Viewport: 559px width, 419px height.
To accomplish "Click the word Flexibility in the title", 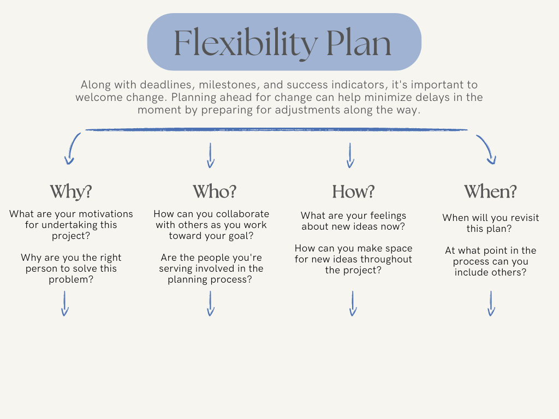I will [x=243, y=43].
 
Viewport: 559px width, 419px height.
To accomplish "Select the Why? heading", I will [x=71, y=191].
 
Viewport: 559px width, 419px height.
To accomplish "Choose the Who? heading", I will [x=215, y=191].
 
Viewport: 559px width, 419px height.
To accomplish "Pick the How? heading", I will [x=353, y=191].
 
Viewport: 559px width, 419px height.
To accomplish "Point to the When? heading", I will [x=490, y=191].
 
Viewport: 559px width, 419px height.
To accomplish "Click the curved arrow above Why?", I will [x=72, y=148].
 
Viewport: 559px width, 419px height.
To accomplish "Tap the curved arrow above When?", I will [x=486, y=149].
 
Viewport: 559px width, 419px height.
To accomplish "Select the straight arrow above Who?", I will [x=211, y=155].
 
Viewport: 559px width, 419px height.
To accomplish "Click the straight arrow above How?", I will [x=350, y=155].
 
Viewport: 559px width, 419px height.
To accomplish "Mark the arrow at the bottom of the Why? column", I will [x=64, y=303].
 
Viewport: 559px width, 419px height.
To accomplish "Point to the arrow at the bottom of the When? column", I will [x=491, y=303].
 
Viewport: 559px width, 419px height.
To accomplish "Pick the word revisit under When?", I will [x=522, y=218].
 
